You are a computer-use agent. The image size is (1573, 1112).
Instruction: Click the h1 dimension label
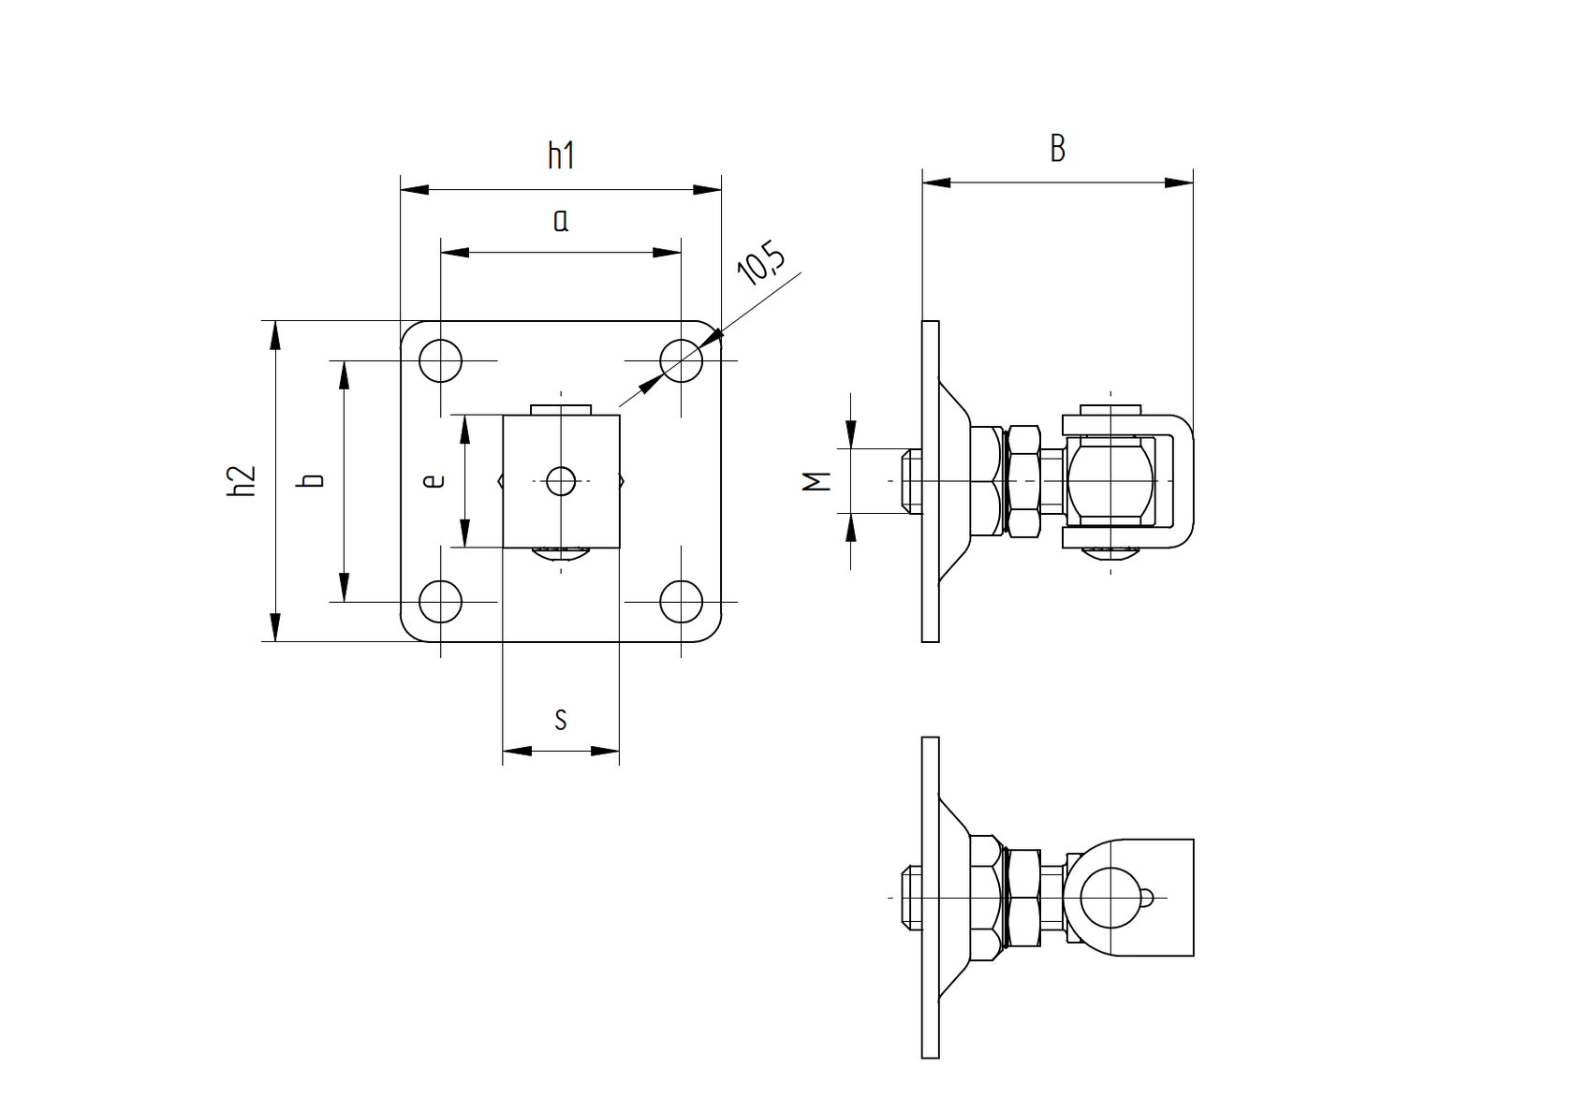(x=561, y=154)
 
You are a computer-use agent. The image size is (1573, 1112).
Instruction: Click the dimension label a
(x=561, y=221)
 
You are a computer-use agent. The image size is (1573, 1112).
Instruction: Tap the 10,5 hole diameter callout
(x=760, y=264)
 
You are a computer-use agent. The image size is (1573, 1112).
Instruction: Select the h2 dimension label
(x=242, y=480)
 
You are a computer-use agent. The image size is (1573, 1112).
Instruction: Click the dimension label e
(x=434, y=481)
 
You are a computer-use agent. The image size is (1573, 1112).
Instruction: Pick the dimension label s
(x=561, y=720)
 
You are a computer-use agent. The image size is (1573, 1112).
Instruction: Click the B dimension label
(x=1057, y=149)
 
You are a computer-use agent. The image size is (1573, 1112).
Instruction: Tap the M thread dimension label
(x=818, y=481)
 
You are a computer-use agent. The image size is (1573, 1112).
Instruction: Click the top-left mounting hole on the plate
(x=440, y=360)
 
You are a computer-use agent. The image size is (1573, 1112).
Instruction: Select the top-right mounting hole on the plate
(x=682, y=360)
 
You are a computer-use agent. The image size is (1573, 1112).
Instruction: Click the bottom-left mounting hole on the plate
(x=440, y=601)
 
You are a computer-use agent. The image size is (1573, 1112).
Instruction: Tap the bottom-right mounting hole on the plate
(x=682, y=601)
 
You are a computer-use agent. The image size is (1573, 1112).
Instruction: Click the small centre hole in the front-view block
(x=561, y=481)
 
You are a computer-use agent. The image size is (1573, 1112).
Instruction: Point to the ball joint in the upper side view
(x=1110, y=481)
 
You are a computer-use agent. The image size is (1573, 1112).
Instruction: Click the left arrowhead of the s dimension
(x=515, y=750)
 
